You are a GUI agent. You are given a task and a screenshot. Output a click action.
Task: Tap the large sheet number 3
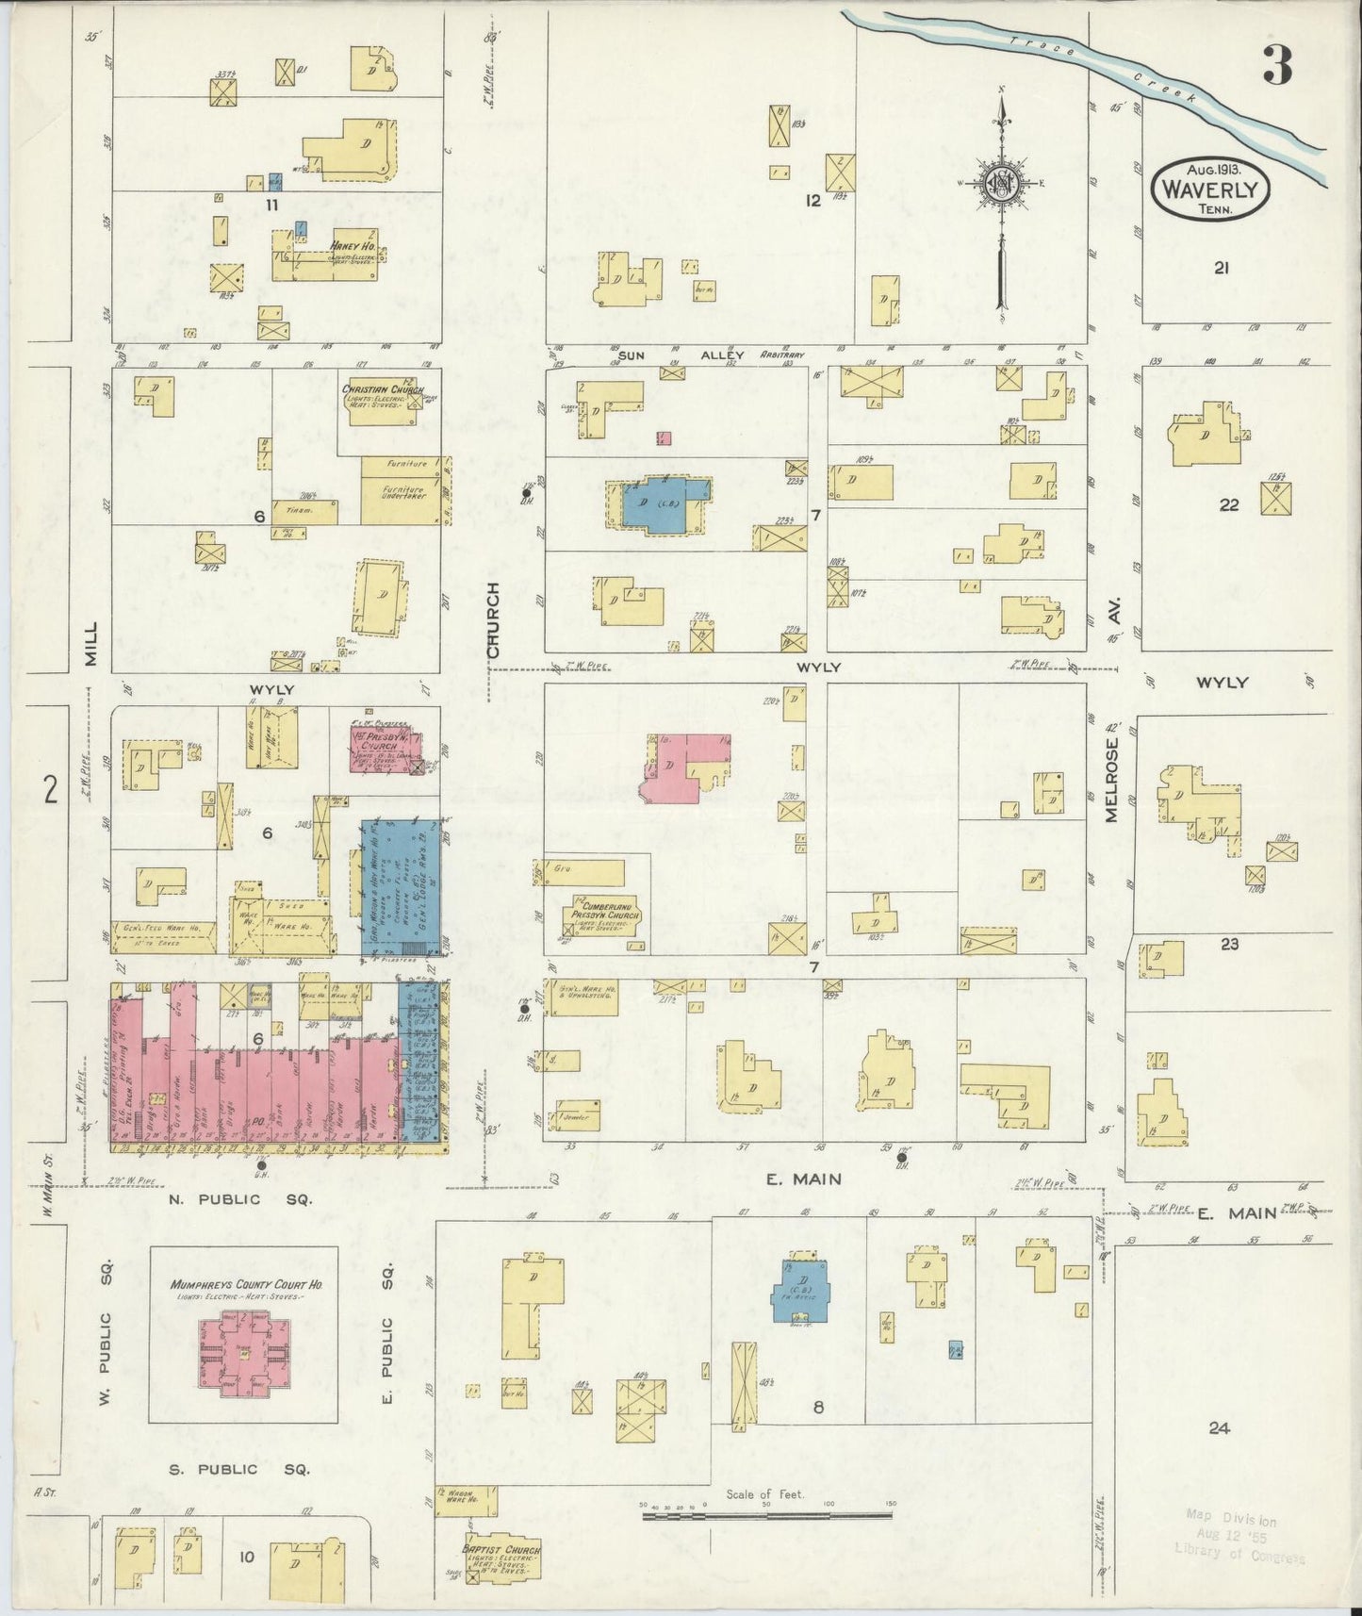[x=1278, y=64]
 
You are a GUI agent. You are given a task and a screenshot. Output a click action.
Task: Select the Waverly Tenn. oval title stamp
[x=1211, y=189]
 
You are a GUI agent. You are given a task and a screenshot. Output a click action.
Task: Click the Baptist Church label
[x=501, y=1548]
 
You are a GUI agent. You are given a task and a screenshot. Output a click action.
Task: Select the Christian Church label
[x=383, y=388]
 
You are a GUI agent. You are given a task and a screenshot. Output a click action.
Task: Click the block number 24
[x=1220, y=1427]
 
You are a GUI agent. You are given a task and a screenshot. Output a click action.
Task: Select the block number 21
[x=1222, y=268]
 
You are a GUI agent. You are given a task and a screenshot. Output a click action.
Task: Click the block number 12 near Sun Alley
[x=812, y=200]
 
